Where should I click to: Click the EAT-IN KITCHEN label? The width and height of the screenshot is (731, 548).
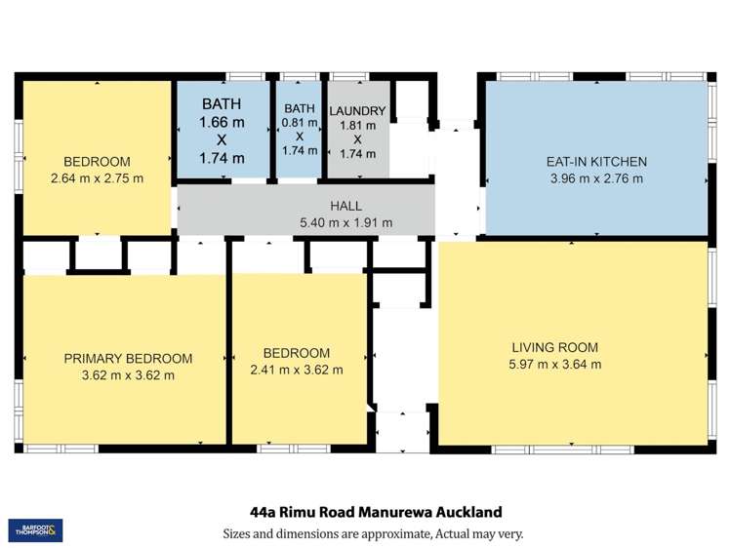pos(596,162)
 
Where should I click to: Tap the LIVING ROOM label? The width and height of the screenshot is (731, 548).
pos(554,347)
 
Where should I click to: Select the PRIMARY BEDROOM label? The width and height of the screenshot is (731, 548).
pos(128,358)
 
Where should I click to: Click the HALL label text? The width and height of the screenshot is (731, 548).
pos(345,207)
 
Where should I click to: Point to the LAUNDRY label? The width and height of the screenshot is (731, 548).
pos(357,111)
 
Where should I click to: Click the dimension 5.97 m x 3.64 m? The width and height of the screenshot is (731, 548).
pos(554,365)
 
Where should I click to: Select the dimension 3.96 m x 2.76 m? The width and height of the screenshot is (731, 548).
pos(596,178)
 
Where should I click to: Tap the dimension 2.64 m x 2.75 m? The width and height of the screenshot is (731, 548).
pos(97,178)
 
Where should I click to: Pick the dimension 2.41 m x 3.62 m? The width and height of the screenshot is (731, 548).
pos(297,370)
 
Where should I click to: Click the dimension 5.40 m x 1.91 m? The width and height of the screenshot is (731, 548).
pos(345,222)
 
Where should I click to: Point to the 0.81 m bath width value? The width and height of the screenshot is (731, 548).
pos(300,123)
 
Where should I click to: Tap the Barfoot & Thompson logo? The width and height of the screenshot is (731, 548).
pos(35,529)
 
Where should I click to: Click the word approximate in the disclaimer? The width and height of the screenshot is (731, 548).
pos(382,533)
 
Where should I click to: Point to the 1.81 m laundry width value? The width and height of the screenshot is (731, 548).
pos(357,126)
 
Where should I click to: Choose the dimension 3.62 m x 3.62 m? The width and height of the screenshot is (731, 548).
pos(128,374)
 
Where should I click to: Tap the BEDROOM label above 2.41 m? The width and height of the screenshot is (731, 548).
pos(297,353)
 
